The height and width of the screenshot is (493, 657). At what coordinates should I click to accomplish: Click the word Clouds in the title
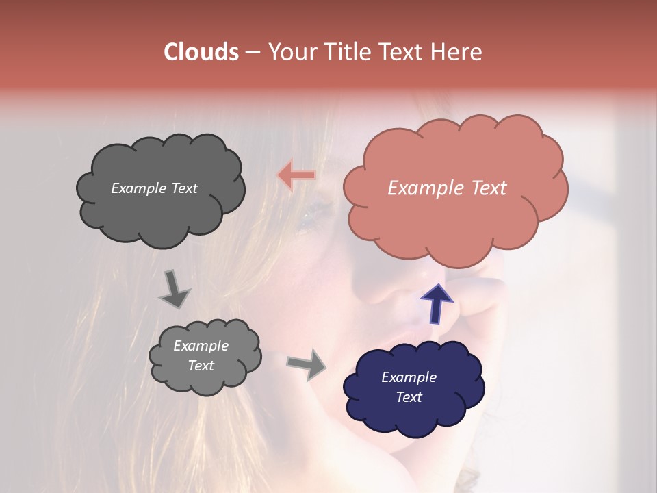(x=201, y=52)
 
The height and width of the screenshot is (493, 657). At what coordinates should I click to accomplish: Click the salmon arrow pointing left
(x=296, y=175)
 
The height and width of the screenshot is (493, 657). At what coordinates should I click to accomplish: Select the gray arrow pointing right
(x=307, y=364)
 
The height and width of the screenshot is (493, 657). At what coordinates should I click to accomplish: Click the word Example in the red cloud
(x=421, y=188)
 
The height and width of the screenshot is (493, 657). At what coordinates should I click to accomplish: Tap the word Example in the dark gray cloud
(x=139, y=188)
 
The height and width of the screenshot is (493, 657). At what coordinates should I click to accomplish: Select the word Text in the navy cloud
(x=409, y=397)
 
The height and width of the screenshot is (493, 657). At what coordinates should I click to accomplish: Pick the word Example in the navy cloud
(x=409, y=377)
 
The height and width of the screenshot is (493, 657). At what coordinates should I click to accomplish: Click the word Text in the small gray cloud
(x=201, y=366)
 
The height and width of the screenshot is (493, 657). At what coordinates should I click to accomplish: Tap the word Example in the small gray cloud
(x=201, y=346)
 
